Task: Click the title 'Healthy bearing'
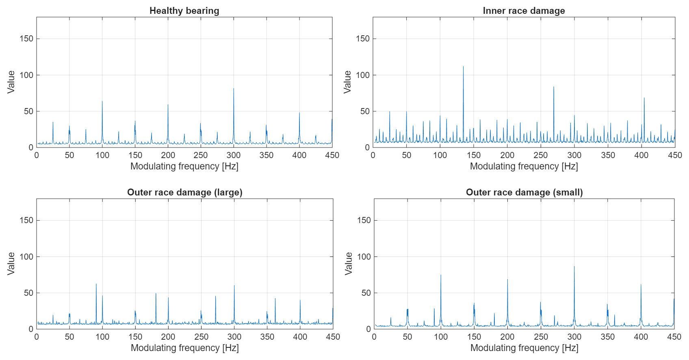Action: coord(184,11)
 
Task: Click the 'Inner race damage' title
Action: coord(524,11)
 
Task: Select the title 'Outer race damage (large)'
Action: coord(184,192)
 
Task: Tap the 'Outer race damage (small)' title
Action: coord(524,192)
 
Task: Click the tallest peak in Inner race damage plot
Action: coord(463,67)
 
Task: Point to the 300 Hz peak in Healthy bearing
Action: coord(234,89)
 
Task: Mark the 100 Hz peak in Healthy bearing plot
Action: coord(102,102)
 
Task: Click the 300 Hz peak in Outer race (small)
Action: coord(574,267)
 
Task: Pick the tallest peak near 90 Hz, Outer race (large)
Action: coord(96,284)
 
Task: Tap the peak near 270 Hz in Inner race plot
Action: coord(553,87)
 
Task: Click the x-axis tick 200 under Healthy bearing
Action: coord(168,155)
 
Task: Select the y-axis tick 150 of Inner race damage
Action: coord(363,39)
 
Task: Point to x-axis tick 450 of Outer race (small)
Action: coord(674,337)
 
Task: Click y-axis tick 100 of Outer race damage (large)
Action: coord(26,256)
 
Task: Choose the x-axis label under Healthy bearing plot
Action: coord(184,166)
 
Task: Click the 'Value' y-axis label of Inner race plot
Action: coord(347,82)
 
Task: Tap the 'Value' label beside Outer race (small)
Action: coord(349,263)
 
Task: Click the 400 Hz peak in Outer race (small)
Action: coord(641,285)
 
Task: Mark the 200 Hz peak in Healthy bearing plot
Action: coord(168,105)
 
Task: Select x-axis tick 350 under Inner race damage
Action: coord(608,155)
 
